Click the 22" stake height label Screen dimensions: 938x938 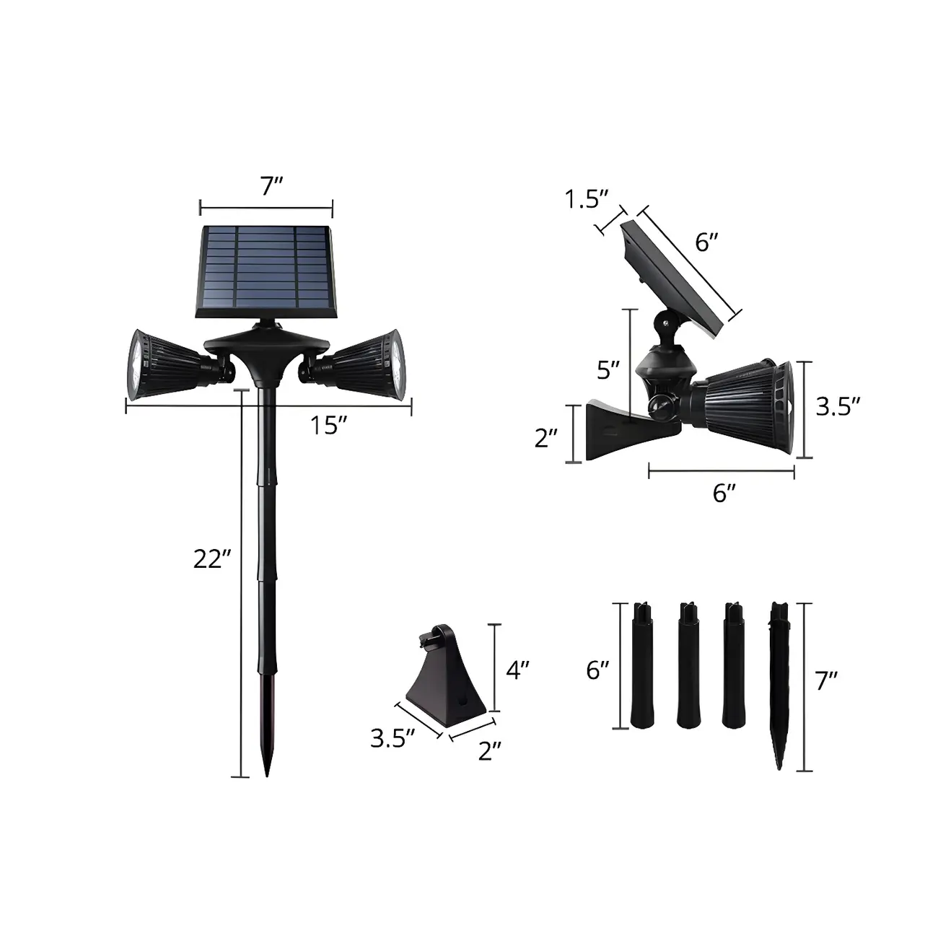(x=211, y=559)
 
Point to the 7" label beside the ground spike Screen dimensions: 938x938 (x=826, y=680)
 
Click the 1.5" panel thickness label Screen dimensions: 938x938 (x=587, y=199)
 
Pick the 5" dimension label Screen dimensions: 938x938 (x=608, y=371)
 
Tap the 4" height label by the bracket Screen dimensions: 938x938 (x=517, y=670)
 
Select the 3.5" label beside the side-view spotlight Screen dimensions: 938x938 (x=838, y=407)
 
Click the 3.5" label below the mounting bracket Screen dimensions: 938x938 (x=393, y=739)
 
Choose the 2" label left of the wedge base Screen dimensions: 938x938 (x=547, y=437)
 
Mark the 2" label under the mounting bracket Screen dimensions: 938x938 (x=490, y=752)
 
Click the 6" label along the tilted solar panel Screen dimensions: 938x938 (x=707, y=243)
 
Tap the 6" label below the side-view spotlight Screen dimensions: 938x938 (x=724, y=494)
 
